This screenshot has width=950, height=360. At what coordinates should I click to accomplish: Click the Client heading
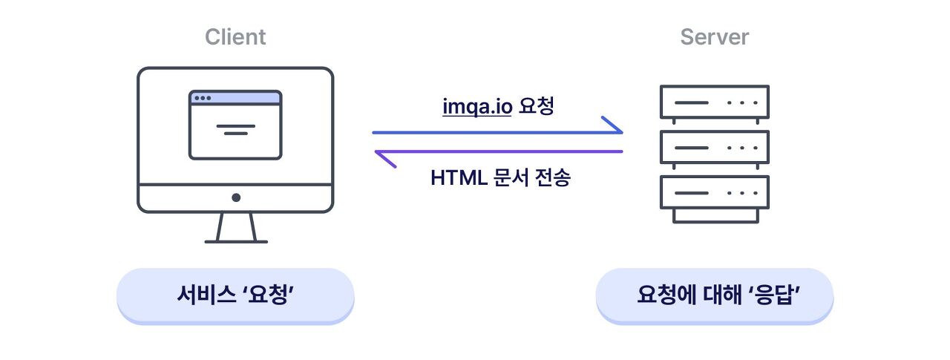click(x=235, y=36)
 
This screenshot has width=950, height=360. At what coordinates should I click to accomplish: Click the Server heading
click(x=714, y=36)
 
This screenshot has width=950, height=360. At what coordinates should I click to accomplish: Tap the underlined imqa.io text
click(x=477, y=107)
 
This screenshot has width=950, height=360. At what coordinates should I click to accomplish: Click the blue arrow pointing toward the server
click(x=497, y=133)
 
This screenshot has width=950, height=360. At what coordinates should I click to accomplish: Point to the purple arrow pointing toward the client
click(x=497, y=151)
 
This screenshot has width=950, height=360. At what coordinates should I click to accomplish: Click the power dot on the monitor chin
click(x=236, y=197)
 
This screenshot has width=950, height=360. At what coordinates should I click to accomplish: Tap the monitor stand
click(x=236, y=229)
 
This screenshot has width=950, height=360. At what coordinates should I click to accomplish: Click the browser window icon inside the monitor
click(x=235, y=125)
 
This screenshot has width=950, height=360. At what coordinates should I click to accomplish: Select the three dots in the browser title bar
click(x=202, y=98)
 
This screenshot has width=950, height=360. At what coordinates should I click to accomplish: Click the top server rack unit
click(x=714, y=102)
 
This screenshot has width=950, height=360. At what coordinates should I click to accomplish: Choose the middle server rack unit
click(x=714, y=147)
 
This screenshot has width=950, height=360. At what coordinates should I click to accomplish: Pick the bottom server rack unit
click(x=714, y=192)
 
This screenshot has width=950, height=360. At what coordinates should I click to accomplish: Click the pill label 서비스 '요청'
click(x=236, y=295)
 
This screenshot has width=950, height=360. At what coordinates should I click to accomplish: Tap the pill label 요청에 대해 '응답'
click(x=715, y=295)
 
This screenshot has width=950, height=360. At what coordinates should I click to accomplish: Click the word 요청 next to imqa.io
click(x=537, y=107)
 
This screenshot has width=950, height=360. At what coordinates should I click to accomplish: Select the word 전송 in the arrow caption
click(x=552, y=178)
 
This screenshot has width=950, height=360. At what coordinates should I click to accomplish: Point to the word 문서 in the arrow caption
click(x=510, y=178)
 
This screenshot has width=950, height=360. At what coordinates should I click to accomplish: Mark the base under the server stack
click(x=715, y=215)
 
